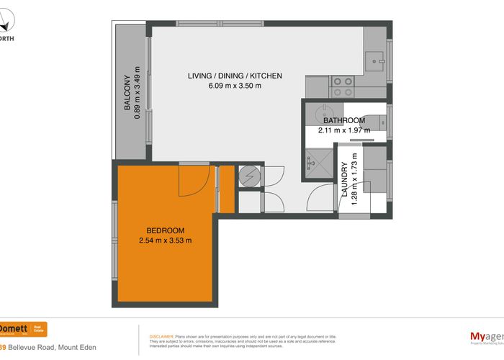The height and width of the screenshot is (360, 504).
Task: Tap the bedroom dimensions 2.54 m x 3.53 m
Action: [165, 240]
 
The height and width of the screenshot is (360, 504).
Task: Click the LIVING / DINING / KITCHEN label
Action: [235, 76]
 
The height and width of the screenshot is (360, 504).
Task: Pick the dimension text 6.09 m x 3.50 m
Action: [235, 86]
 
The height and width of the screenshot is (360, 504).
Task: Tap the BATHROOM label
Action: [343, 120]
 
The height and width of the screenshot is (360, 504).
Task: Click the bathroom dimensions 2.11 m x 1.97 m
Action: [343, 130]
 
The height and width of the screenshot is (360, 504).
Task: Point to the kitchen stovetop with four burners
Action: [342, 86]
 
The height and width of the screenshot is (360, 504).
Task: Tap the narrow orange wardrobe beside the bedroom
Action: [226, 189]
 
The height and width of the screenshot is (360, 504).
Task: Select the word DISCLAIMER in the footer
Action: [161, 336]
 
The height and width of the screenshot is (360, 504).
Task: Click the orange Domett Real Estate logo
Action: [23, 329]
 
